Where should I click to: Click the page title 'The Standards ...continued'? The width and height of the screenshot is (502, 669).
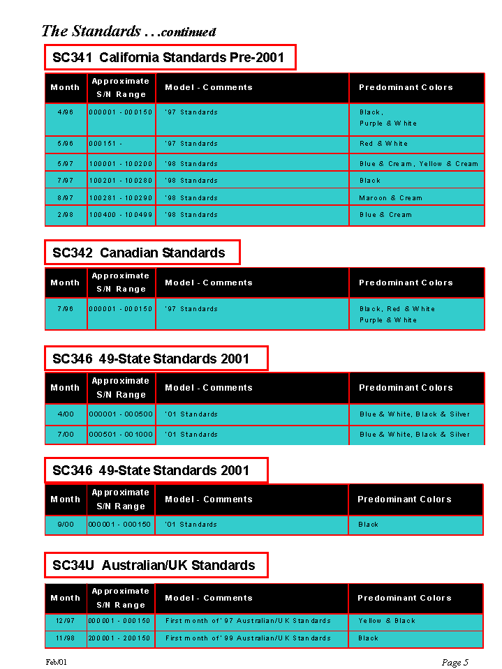(128, 31)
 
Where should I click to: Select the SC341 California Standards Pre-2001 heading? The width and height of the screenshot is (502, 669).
(168, 57)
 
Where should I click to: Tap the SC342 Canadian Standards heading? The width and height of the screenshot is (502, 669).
(139, 253)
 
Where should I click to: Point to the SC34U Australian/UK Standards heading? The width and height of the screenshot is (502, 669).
(154, 565)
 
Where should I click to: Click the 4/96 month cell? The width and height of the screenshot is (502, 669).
(66, 112)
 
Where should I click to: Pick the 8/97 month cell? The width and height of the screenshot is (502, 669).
(66, 198)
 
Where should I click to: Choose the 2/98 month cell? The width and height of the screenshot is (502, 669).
(66, 215)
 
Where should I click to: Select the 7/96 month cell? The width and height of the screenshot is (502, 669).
(66, 309)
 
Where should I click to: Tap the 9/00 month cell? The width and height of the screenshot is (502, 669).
(66, 525)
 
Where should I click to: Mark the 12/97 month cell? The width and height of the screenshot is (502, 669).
(66, 620)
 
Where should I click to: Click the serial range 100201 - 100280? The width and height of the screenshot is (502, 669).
(121, 181)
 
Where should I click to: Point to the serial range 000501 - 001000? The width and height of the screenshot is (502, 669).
(121, 435)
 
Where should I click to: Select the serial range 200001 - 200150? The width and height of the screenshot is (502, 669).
(120, 638)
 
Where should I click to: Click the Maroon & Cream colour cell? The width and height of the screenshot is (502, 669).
(391, 198)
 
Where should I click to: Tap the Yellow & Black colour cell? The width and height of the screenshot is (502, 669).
(387, 620)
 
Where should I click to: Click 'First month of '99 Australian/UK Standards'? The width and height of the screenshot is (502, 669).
(248, 638)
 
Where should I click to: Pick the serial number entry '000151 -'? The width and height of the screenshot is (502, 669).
(106, 144)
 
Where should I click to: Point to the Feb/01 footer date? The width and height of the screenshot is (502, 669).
(57, 661)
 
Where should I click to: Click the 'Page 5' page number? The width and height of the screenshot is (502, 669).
(455, 662)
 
